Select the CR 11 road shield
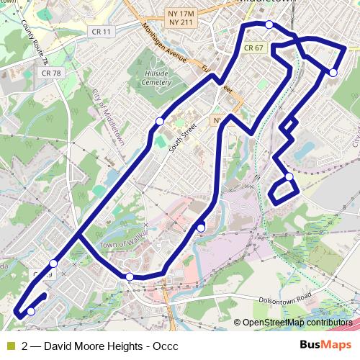(x=102, y=52)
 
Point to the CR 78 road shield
(x=50, y=73)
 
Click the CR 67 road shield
(x=253, y=48)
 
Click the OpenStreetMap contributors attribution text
(x=297, y=323)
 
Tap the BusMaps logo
(x=326, y=346)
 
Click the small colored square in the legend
(x=10, y=346)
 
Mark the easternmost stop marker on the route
(x=333, y=72)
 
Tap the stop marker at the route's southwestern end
(x=31, y=311)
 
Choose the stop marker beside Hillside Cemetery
(x=159, y=121)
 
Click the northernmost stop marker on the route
(x=269, y=24)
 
